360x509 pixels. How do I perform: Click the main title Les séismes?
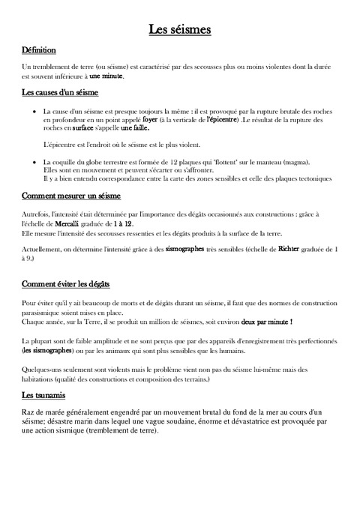tap(179, 29)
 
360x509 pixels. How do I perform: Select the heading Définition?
tap(39, 50)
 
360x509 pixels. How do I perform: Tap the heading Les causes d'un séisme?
tap(60, 93)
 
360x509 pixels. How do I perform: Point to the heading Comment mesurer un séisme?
tap(71, 196)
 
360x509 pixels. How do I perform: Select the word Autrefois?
tap(38, 214)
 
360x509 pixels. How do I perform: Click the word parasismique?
tap(43, 312)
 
